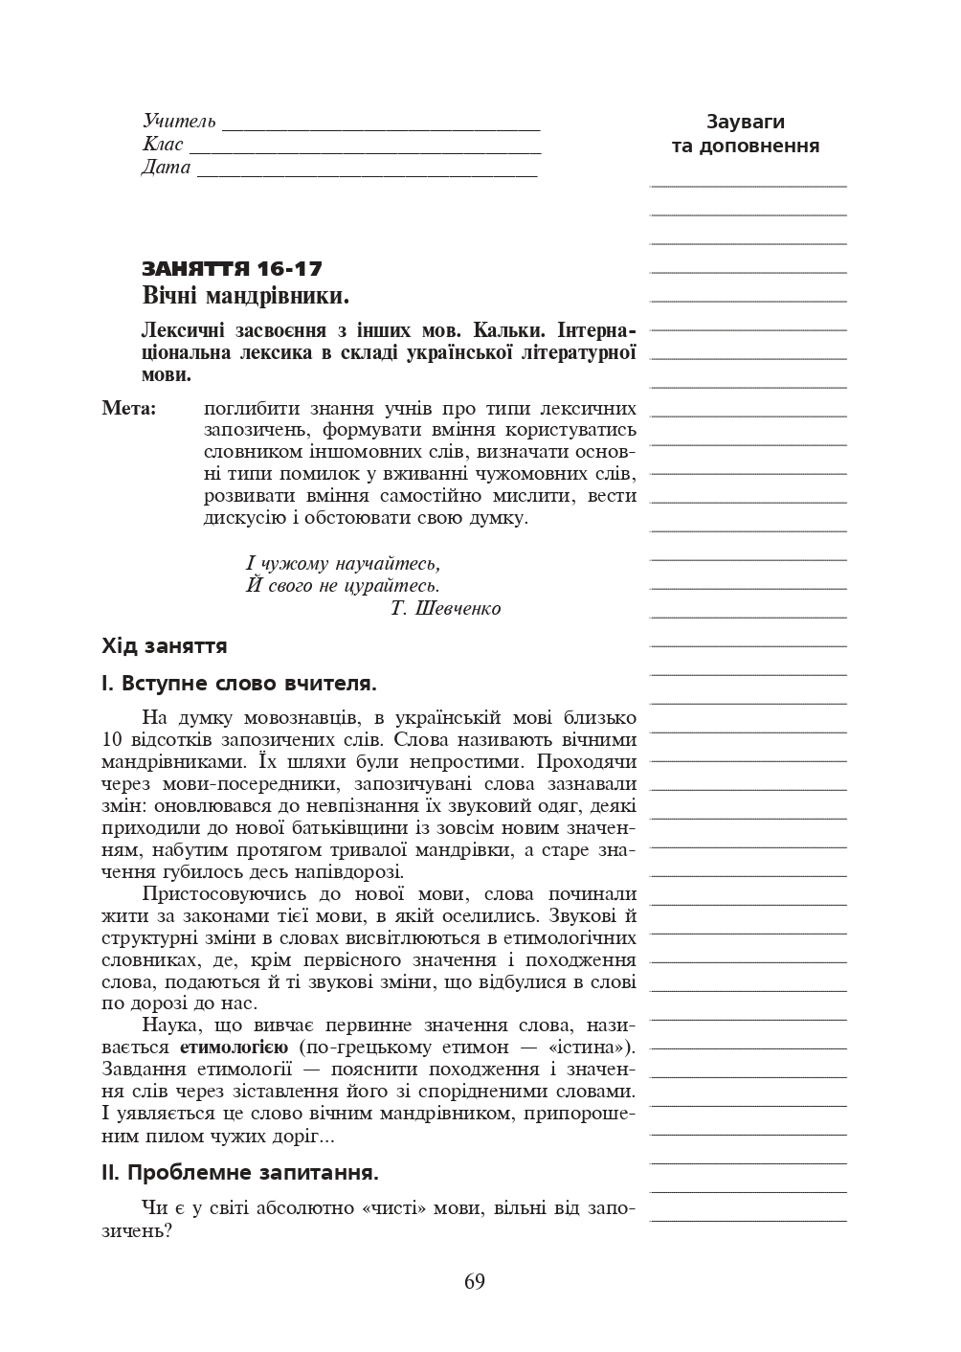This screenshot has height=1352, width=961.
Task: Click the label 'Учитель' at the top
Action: pyautogui.click(x=179, y=122)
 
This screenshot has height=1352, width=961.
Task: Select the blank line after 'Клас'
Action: pyautogui.click(x=365, y=150)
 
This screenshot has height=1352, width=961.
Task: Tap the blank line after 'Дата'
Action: pyautogui.click(x=367, y=173)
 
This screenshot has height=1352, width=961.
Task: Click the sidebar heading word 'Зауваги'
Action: pyautogui.click(x=745, y=122)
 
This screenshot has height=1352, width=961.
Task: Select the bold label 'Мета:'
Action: pyautogui.click(x=129, y=409)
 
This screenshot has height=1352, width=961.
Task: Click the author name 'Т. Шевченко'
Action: pyautogui.click(x=446, y=609)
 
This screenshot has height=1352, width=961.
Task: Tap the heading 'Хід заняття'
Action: pyautogui.click(x=165, y=646)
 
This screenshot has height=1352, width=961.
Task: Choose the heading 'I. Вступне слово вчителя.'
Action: pyautogui.click(x=239, y=684)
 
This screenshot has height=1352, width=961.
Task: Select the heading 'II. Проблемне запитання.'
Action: pyautogui.click(x=240, y=1173)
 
